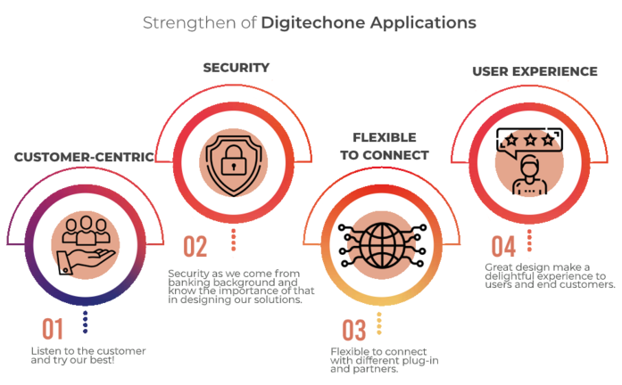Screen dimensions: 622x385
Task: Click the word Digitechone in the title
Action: (313, 23)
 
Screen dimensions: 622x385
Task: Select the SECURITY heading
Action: (236, 68)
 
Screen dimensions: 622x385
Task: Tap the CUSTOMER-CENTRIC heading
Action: (84, 157)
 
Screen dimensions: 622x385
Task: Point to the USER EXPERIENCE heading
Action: (535, 71)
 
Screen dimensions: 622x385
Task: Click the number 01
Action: (53, 329)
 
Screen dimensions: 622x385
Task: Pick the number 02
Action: (195, 246)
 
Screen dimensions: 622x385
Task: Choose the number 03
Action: (354, 330)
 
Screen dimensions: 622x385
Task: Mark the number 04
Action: (503, 246)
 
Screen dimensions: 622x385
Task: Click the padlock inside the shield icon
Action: (234, 160)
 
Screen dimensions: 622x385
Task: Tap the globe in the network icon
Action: (383, 246)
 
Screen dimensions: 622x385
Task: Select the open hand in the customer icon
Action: (86, 260)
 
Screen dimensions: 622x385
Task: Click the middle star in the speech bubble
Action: (530, 139)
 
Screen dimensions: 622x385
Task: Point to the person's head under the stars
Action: (530, 167)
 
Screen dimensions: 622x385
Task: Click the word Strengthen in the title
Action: (189, 23)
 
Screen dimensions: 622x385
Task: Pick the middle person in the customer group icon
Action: (86, 230)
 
